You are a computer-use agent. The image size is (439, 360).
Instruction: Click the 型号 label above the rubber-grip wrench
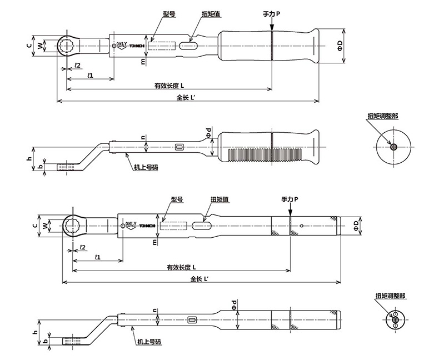(x=169, y=14)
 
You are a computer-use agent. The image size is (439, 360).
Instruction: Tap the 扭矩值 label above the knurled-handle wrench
(x=220, y=199)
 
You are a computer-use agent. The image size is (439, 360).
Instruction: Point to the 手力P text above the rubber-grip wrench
(x=271, y=14)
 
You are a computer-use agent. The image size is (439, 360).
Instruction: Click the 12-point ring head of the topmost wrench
(x=66, y=46)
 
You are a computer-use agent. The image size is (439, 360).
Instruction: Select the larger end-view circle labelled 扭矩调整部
(x=393, y=147)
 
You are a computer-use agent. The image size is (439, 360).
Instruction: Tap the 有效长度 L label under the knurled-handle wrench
(x=181, y=267)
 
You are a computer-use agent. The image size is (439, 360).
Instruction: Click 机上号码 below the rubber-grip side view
(x=146, y=167)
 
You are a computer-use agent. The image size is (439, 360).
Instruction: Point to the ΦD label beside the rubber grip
(x=340, y=46)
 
